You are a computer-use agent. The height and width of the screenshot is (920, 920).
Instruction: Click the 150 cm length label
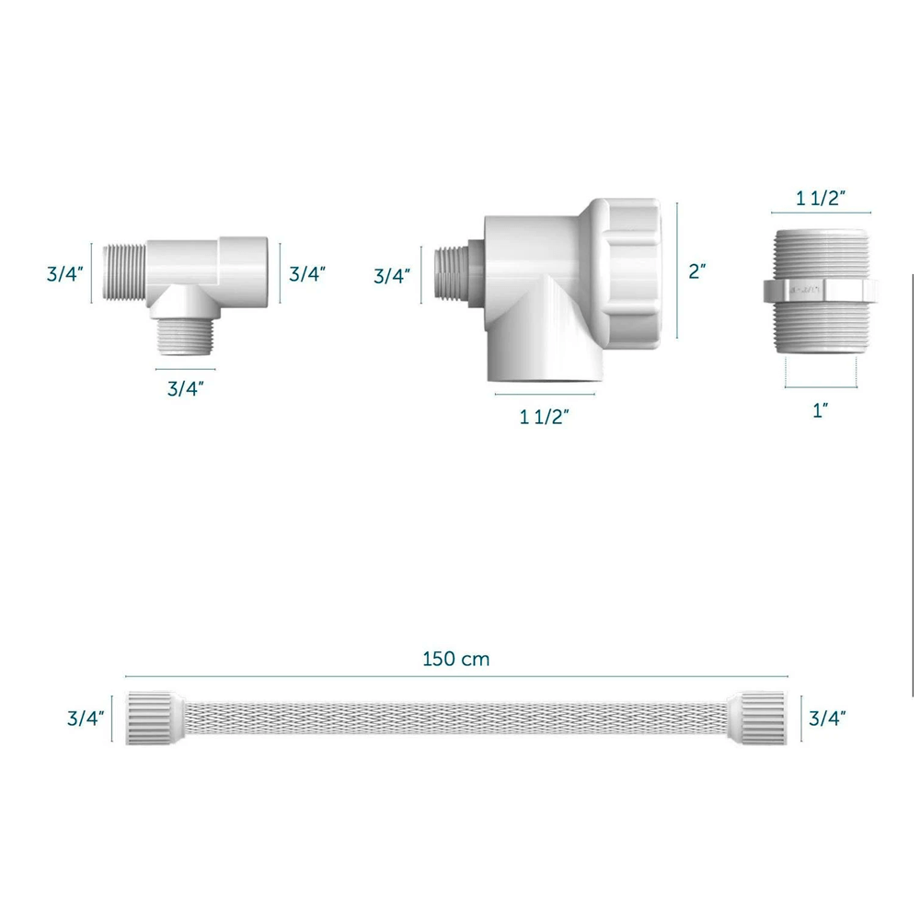click(x=455, y=659)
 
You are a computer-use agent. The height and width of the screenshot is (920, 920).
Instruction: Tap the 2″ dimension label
click(x=699, y=271)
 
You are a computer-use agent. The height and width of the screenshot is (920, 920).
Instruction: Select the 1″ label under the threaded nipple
click(x=821, y=411)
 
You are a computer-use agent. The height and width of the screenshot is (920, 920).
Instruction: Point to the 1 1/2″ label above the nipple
click(x=821, y=198)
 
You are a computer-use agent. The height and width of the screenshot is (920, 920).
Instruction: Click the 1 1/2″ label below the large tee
click(x=545, y=417)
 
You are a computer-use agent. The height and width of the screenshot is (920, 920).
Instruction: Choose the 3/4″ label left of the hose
click(x=87, y=719)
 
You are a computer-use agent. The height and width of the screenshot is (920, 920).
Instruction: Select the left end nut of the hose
click(x=155, y=718)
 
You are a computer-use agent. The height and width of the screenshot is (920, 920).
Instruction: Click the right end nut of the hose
click(x=759, y=718)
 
